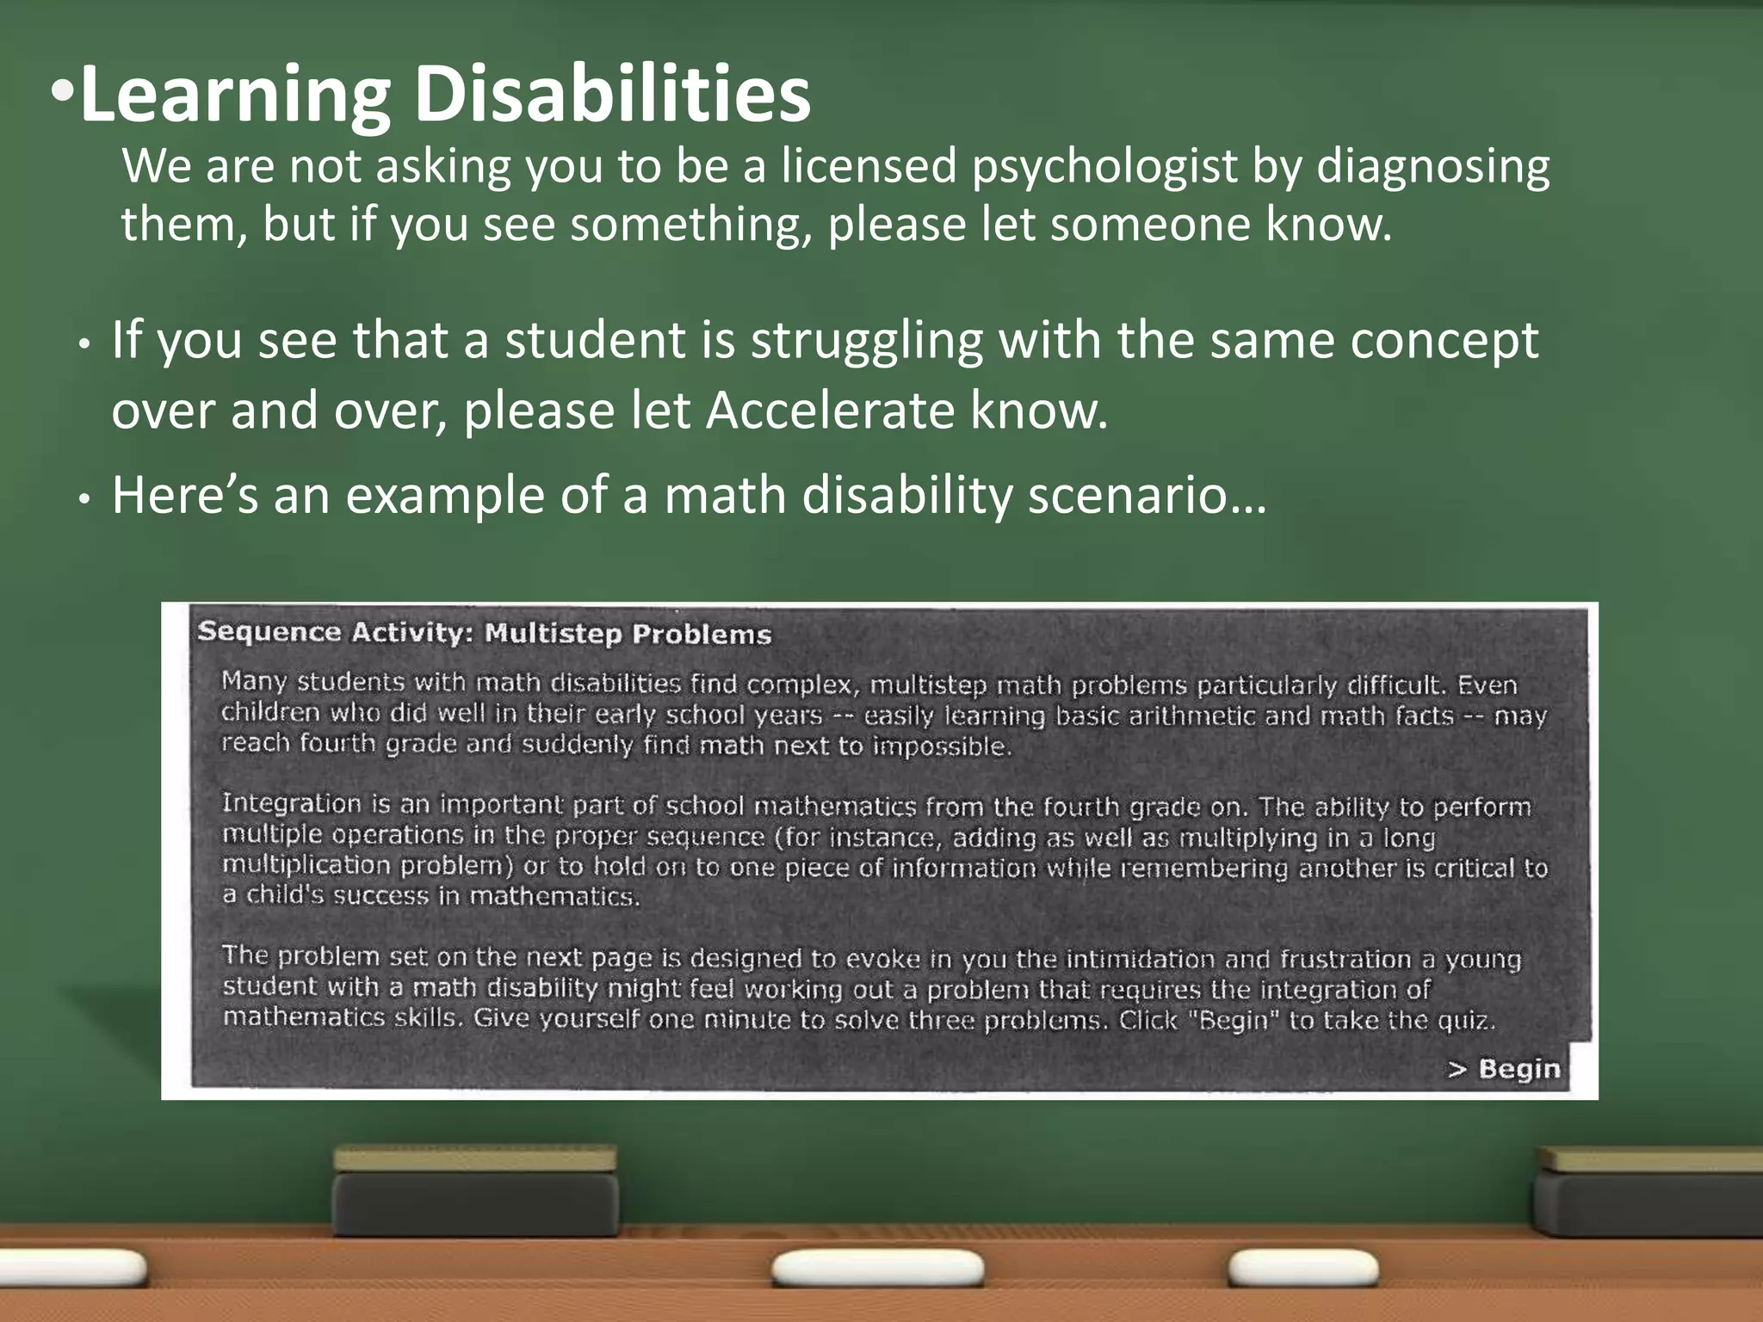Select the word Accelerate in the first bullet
click(x=830, y=410)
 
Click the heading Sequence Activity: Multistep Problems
click(x=485, y=633)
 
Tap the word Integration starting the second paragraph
click(x=292, y=804)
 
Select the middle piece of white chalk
click(x=877, y=1268)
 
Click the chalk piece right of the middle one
click(x=1302, y=1268)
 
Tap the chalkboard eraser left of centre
click(x=475, y=1191)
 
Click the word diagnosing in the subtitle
click(x=1433, y=166)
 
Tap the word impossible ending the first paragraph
click(x=942, y=745)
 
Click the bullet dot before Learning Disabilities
click(x=63, y=90)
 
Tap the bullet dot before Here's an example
click(x=84, y=499)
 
